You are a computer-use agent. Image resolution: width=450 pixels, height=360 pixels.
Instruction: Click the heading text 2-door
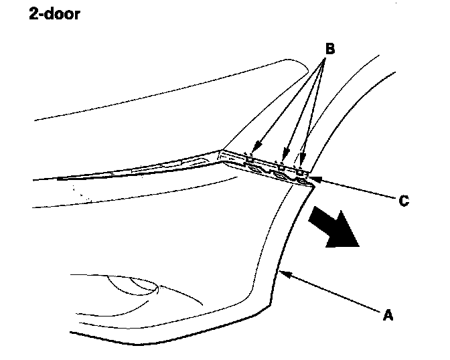[54, 14]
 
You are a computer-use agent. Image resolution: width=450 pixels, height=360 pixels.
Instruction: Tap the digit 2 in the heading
[33, 14]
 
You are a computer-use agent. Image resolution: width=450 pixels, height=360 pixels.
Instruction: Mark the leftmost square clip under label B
[249, 159]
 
